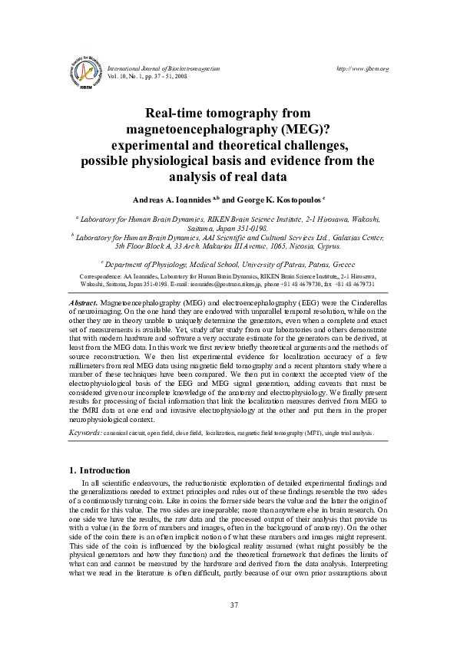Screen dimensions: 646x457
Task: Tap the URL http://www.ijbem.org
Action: point(363,68)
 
